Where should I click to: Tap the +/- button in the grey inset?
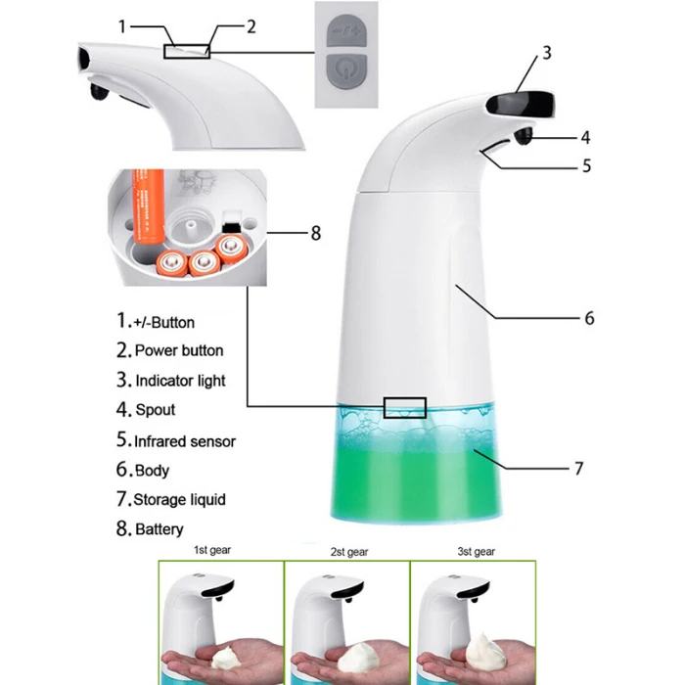346,30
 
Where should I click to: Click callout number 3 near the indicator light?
547,53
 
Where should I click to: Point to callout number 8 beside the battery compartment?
316,233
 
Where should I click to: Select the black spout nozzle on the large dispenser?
524,135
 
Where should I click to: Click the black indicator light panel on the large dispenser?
521,105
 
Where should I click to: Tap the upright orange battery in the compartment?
148,206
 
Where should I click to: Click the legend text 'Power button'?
179,350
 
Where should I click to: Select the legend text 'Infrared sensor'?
185,441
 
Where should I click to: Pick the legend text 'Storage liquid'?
179,499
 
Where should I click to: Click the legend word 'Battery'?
160,529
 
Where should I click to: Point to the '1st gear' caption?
212,550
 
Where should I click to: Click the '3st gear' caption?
477,552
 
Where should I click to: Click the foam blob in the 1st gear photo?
226,658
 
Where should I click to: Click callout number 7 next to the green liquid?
579,469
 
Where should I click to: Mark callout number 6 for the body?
589,318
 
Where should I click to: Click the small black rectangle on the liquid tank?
405,408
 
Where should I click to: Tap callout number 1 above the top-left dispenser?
122,26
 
